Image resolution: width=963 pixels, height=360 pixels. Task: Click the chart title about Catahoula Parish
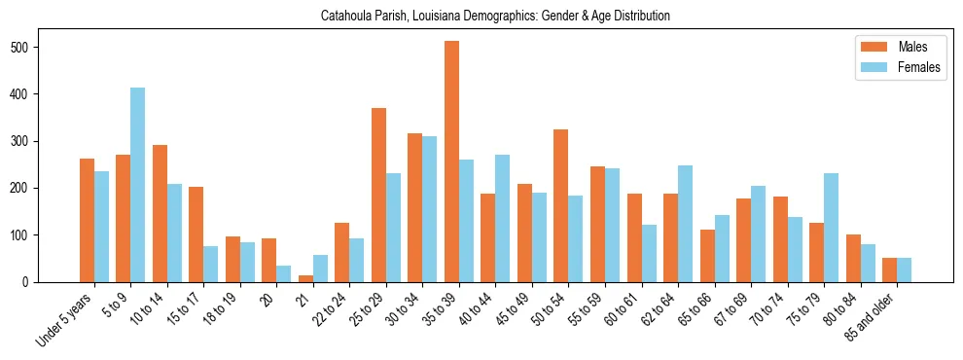point(495,17)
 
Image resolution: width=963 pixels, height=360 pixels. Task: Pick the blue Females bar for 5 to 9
point(138,185)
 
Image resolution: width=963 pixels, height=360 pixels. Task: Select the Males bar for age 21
point(305,278)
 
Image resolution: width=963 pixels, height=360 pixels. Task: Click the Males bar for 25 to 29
point(378,195)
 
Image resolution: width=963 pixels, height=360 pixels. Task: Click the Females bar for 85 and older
point(904,270)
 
